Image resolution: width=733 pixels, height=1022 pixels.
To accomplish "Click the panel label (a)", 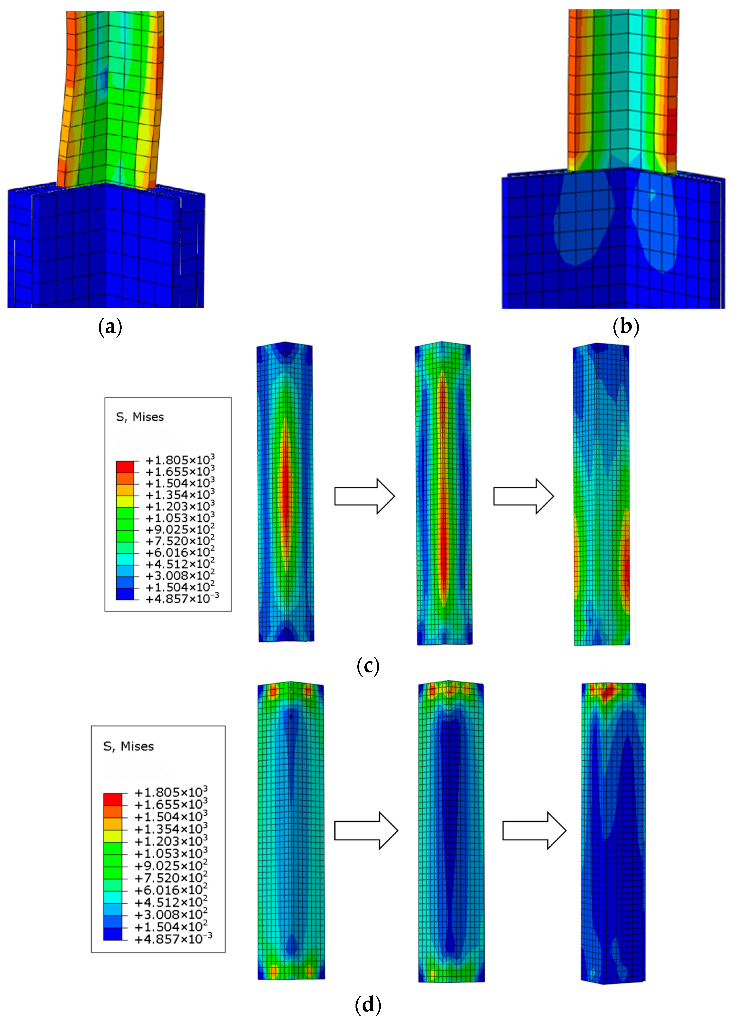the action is coord(110,327).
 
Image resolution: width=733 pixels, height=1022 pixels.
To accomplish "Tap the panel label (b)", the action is coord(626,327).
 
